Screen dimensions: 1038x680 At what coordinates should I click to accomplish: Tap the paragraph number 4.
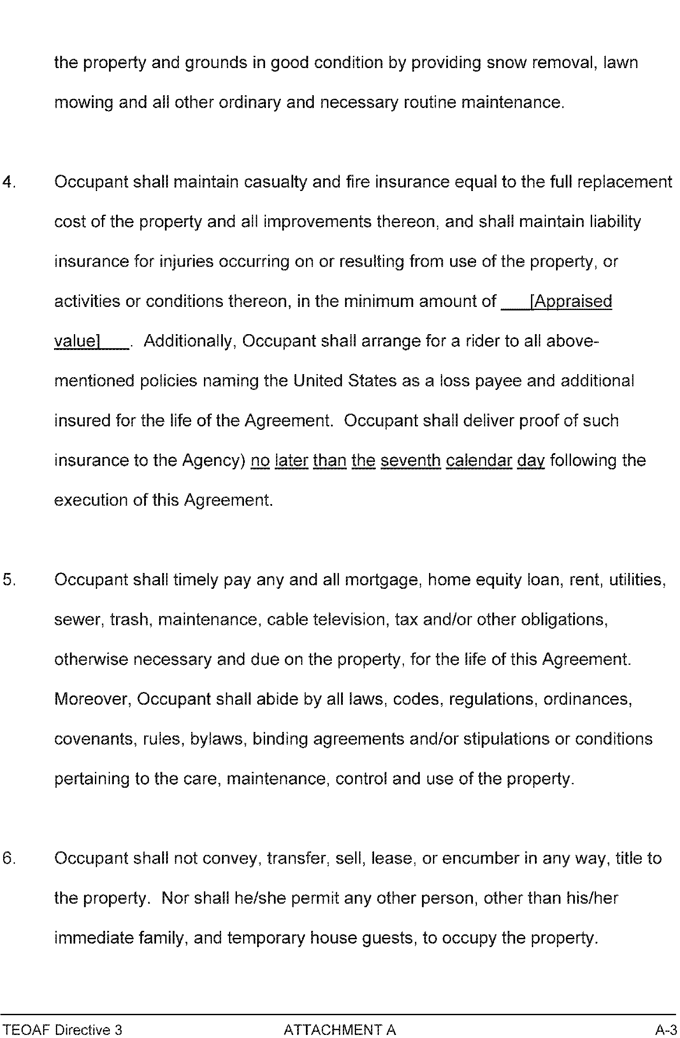[x=8, y=182]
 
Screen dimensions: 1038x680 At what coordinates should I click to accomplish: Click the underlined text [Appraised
[x=571, y=302]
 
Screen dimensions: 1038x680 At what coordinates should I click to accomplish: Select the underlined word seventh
[x=411, y=461]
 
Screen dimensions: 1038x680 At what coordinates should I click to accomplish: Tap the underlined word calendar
[x=479, y=461]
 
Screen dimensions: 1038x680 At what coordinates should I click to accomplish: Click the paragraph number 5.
[x=8, y=580]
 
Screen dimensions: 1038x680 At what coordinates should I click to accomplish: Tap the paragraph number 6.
[x=8, y=858]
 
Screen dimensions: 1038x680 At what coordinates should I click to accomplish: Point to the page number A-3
[x=666, y=1030]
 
